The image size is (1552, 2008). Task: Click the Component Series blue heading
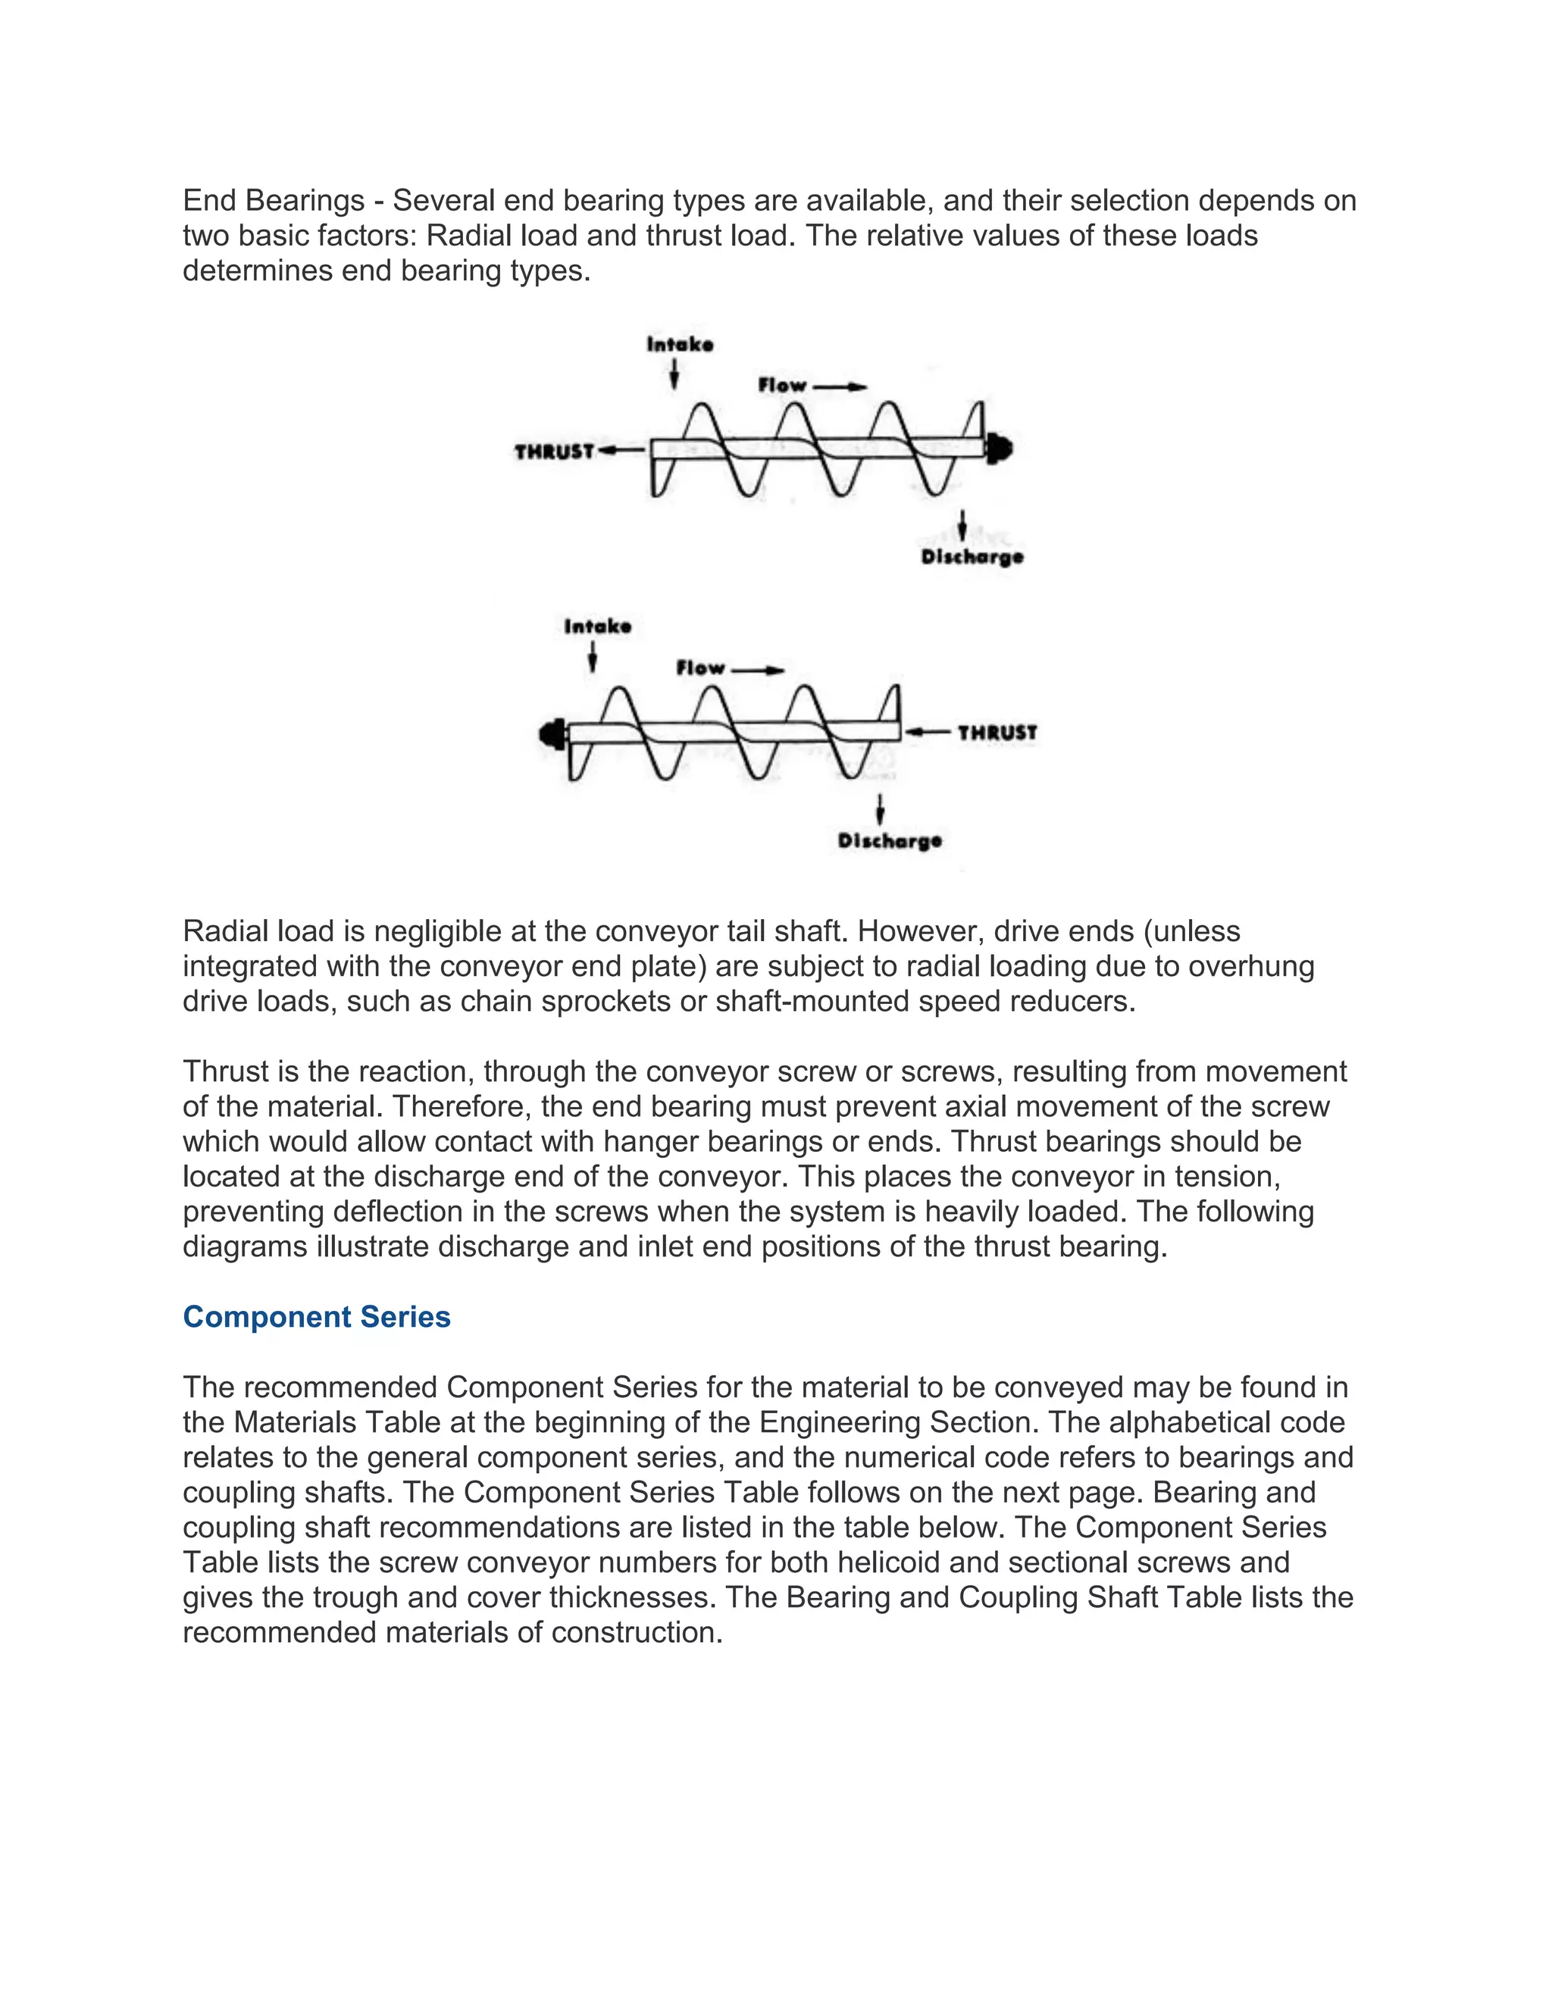316,1317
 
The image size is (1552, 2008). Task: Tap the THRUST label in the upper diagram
555,452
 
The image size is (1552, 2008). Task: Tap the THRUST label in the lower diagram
997,733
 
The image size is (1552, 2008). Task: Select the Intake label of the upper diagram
680,345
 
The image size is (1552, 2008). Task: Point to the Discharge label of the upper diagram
972,557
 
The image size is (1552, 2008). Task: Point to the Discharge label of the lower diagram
889,840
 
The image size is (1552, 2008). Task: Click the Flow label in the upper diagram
782,385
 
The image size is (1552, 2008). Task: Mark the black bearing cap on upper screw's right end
1000,449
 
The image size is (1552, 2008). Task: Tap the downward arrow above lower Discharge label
881,809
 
